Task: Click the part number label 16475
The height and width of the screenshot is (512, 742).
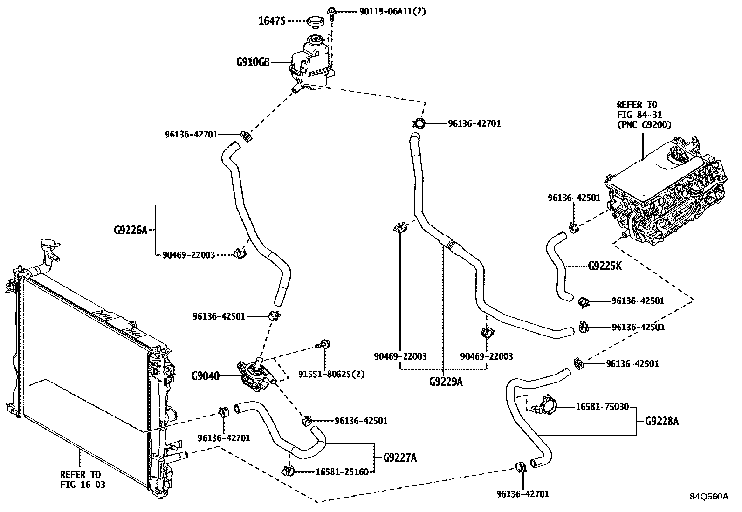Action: (272, 21)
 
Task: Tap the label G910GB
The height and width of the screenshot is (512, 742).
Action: (253, 62)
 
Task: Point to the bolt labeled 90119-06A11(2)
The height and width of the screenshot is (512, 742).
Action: (331, 13)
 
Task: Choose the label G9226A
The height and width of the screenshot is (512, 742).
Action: (131, 230)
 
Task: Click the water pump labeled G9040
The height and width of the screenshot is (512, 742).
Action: (257, 375)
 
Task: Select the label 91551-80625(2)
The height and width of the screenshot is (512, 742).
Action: (331, 374)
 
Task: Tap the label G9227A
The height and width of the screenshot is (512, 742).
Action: (400, 457)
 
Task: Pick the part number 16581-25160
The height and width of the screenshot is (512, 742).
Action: (342, 472)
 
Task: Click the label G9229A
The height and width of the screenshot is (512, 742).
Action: (446, 382)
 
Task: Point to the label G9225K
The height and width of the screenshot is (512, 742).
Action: (605, 266)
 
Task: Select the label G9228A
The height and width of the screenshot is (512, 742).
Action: (662, 421)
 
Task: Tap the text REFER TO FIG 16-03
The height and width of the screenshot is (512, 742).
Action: (83, 479)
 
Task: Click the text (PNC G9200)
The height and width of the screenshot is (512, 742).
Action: (644, 124)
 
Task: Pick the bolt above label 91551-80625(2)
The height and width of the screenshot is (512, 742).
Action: (323, 344)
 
